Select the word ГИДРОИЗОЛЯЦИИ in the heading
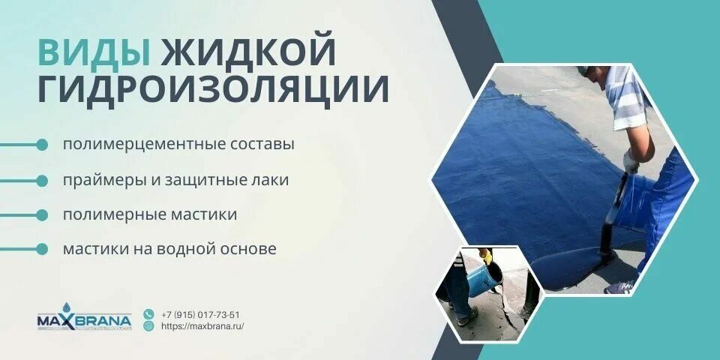tap(213, 89)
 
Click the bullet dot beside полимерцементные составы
tap(42, 144)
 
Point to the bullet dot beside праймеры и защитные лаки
tap(42, 180)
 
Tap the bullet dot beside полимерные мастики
tap(42, 214)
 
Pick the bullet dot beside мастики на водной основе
tap(42, 249)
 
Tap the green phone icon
tap(148, 314)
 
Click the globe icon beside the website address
tap(148, 326)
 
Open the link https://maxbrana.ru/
tap(202, 326)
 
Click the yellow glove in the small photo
tap(486, 257)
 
